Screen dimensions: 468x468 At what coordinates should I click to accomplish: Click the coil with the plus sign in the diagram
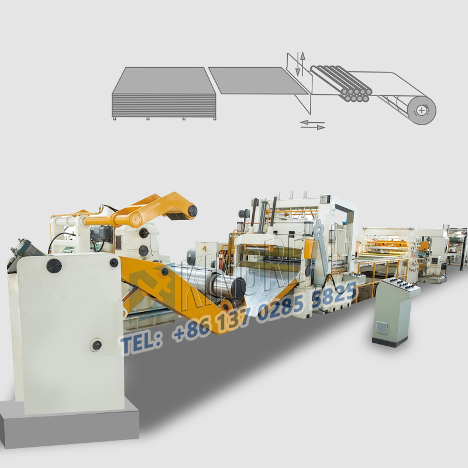coord(422,109)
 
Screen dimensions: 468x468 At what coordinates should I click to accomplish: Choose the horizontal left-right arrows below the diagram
coord(312,124)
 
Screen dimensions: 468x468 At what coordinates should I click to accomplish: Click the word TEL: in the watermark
coord(141,343)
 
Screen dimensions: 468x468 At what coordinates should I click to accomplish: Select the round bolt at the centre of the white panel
coord(95,345)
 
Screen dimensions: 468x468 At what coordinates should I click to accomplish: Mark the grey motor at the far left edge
coord(23,249)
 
